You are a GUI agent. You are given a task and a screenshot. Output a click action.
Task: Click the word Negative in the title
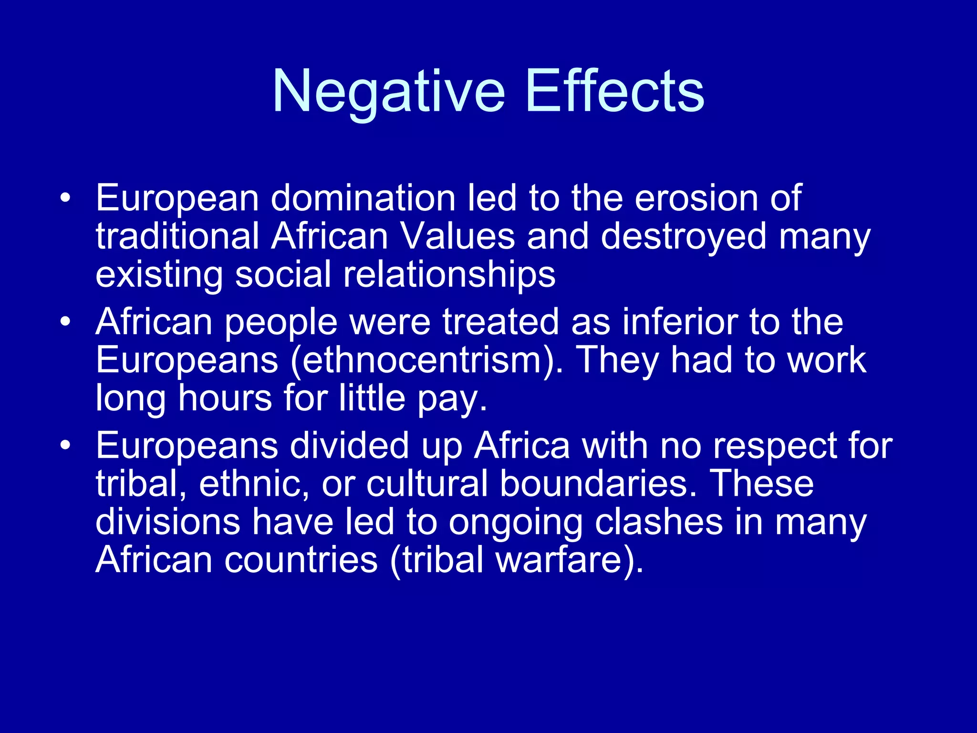point(388,91)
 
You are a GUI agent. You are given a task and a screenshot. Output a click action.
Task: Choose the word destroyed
point(683,237)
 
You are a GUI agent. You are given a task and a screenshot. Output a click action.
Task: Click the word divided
point(350,446)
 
